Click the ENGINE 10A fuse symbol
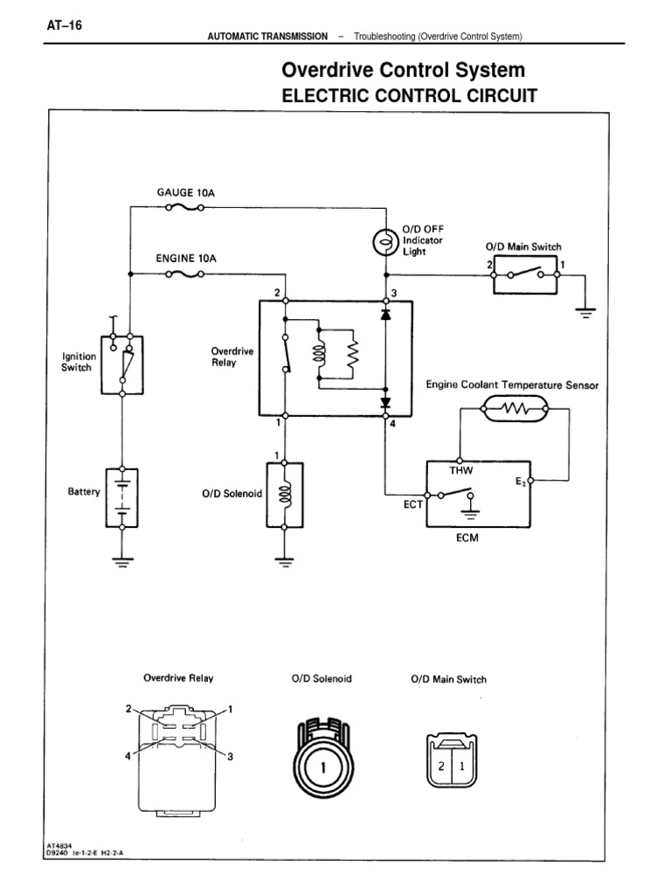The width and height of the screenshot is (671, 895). click(x=184, y=274)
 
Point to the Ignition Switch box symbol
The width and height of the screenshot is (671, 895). click(x=122, y=364)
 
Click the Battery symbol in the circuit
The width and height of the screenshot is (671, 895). click(x=122, y=496)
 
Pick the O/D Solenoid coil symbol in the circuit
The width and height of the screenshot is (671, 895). click(x=283, y=495)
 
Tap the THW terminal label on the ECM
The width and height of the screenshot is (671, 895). click(x=460, y=469)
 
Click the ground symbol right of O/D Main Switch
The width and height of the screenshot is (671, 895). click(x=585, y=311)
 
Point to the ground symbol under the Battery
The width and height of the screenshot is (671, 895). click(x=122, y=562)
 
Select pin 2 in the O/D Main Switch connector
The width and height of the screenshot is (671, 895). click(x=441, y=770)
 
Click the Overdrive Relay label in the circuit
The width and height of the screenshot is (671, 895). click(x=232, y=357)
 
